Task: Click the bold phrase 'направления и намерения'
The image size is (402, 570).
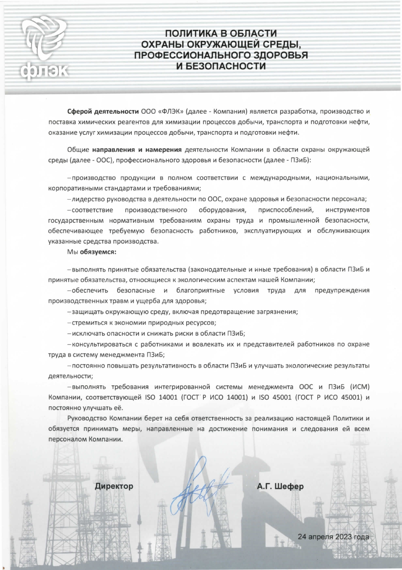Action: pyautogui.click(x=136, y=150)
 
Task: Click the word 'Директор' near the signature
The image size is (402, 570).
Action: pyautogui.click(x=114, y=486)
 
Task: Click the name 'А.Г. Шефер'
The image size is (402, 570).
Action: pyautogui.click(x=280, y=487)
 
